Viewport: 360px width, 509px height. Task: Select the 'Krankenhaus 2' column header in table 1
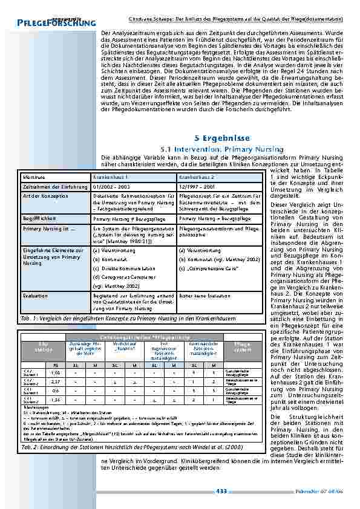click(194, 177)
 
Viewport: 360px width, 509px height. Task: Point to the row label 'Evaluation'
click(33, 295)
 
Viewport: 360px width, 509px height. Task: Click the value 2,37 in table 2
click(56, 382)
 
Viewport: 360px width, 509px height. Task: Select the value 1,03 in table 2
click(56, 374)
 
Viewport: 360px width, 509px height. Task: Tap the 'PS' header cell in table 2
click(56, 365)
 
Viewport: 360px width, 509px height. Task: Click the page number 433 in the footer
click(221, 491)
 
